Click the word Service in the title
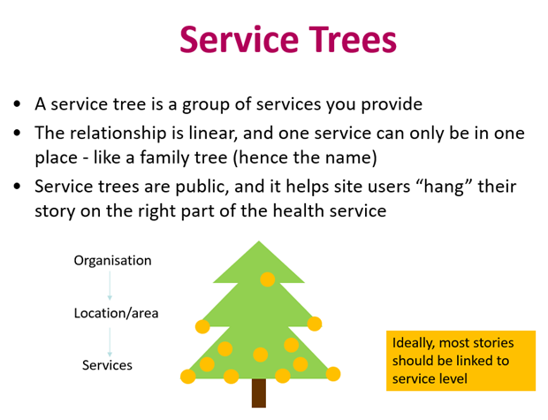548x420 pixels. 239,39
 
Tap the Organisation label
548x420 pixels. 112,261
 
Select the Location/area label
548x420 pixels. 116,313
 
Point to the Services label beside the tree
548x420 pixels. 107,365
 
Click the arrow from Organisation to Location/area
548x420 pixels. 110,286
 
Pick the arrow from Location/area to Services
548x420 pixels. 110,342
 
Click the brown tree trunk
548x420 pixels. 259,393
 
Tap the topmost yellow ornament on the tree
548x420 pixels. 267,279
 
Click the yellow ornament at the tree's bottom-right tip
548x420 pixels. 333,374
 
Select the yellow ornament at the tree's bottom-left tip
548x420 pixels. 188,377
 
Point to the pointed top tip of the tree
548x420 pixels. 259,241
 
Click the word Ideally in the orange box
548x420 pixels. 414,343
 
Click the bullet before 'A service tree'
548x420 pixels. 17,103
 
